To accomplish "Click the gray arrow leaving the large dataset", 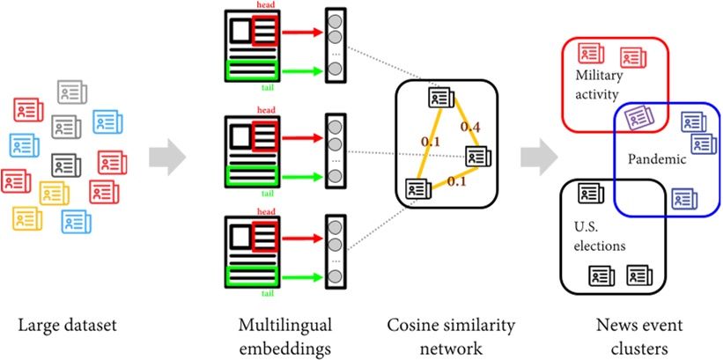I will point(167,158).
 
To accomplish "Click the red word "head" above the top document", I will point(266,5).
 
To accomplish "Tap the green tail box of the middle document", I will point(253,177).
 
